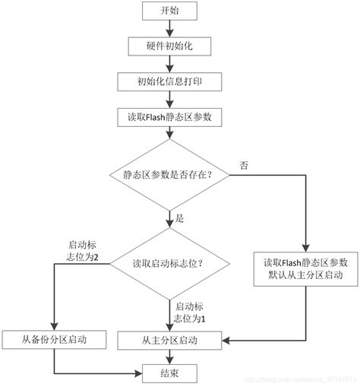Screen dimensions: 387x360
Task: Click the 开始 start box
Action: click(x=170, y=11)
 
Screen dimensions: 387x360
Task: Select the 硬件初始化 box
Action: click(x=170, y=46)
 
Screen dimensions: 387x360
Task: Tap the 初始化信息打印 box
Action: click(x=170, y=81)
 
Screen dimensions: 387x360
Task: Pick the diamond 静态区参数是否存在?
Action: click(x=170, y=176)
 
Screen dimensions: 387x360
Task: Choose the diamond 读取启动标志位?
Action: click(x=170, y=264)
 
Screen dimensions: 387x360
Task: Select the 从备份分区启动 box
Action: click(x=54, y=339)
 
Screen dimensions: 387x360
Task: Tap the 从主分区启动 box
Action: click(x=170, y=339)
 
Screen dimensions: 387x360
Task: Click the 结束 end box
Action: click(x=170, y=372)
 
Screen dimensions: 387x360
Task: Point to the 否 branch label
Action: click(x=242, y=165)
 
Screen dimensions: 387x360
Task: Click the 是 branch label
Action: click(x=180, y=218)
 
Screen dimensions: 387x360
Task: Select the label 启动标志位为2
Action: click(x=83, y=251)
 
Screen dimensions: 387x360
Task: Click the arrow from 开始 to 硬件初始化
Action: click(x=170, y=28)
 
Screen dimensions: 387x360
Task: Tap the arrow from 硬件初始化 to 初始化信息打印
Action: click(x=170, y=63)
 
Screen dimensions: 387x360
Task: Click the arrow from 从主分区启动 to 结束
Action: click(x=170, y=356)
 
